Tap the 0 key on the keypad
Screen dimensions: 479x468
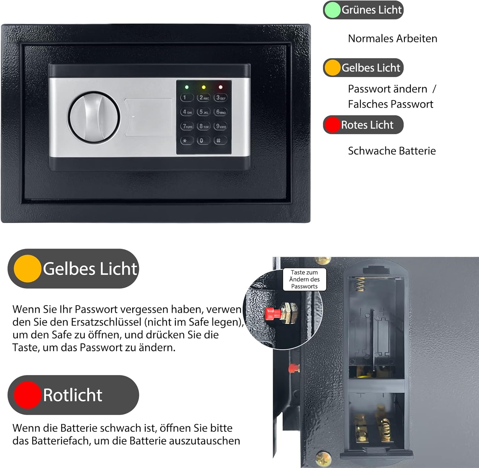202,140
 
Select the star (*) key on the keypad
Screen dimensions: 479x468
186,140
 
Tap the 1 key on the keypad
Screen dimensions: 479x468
186,98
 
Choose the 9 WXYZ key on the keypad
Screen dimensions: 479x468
221,126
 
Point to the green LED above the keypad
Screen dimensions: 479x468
186,87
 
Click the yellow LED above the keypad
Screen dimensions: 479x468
203,87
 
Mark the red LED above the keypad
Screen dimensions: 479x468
220,87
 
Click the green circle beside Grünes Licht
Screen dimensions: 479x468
332,10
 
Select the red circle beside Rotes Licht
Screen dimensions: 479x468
332,125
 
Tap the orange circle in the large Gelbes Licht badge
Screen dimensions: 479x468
28,269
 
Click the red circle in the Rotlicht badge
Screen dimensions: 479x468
28,395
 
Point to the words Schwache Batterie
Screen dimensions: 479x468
392,151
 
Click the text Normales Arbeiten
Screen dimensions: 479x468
392,39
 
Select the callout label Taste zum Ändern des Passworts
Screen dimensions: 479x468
304,279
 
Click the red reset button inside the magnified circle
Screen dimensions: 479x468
272,313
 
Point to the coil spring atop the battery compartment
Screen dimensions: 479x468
361,284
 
